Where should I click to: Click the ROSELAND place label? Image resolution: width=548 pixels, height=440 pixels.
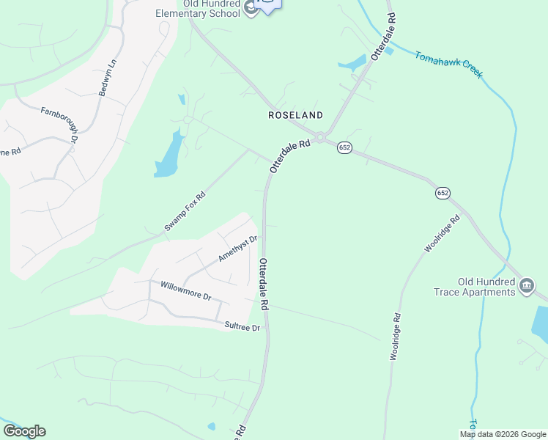(295, 116)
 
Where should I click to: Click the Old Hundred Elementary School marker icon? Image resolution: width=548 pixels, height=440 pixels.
(251, 8)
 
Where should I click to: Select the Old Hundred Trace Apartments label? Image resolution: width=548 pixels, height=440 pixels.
(476, 287)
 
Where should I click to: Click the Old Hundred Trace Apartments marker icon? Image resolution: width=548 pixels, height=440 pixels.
(526, 286)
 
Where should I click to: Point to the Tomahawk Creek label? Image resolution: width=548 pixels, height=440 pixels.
(449, 65)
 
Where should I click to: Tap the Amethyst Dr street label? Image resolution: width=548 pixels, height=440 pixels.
(238, 249)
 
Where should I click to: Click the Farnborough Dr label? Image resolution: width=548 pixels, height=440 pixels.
(60, 122)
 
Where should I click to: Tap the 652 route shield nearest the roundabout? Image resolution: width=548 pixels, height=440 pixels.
(344, 148)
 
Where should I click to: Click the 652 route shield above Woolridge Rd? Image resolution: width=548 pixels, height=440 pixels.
(442, 193)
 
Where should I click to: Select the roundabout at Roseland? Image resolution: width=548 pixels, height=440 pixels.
(322, 136)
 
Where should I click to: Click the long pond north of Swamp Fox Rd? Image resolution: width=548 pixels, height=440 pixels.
(168, 155)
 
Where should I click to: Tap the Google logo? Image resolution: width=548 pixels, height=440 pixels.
(24, 431)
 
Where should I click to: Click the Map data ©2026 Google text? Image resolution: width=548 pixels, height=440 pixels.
(502, 434)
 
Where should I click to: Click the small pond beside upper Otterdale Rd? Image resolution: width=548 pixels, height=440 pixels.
(353, 63)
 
